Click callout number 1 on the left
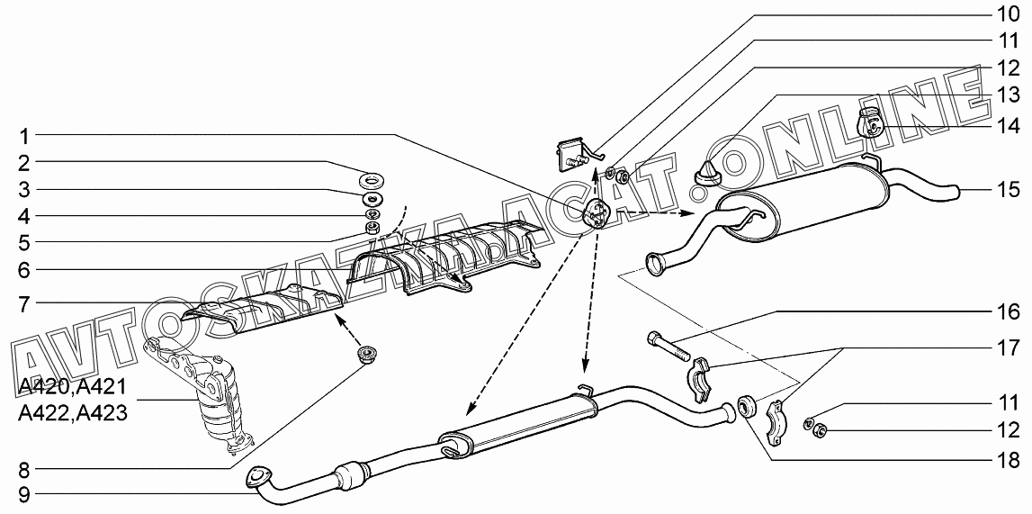click(25, 137)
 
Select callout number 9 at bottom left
click(25, 492)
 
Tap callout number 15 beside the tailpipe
click(1007, 190)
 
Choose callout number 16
click(1007, 312)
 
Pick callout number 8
click(25, 469)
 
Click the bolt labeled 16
click(666, 344)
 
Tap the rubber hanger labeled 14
click(869, 122)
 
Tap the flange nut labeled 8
click(365, 355)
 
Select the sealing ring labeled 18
click(746, 406)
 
